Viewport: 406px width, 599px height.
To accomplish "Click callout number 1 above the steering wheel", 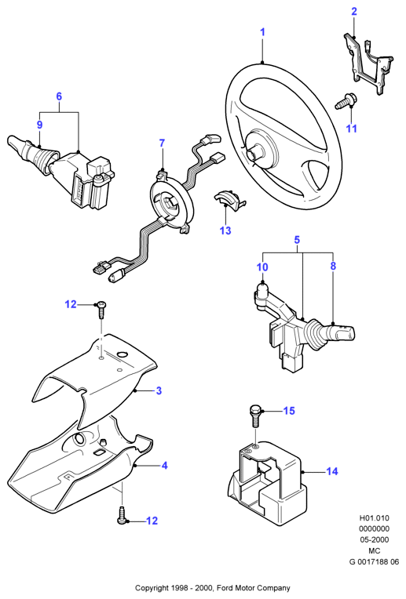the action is (x=262, y=32).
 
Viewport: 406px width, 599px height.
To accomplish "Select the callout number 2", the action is (x=354, y=12).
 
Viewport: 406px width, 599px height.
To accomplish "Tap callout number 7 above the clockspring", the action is (x=162, y=143).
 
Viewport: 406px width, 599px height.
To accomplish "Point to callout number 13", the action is (x=225, y=231).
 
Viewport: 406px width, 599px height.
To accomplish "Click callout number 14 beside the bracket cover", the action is (x=331, y=471).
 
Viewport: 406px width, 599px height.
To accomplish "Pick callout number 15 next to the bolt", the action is (x=289, y=411).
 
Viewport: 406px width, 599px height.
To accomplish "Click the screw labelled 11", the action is (x=345, y=102).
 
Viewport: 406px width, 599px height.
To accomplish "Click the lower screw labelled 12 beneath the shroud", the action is (x=122, y=514).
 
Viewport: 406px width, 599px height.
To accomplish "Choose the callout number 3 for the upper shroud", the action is (x=159, y=390).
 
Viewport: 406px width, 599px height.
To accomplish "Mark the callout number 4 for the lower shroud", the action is (x=165, y=466).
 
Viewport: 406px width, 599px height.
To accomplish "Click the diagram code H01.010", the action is (x=374, y=518).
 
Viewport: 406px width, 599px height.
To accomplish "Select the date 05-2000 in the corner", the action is (x=374, y=539).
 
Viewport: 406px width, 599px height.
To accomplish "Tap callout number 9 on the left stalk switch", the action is (x=39, y=125).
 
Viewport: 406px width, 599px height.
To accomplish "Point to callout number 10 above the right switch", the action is (x=262, y=267).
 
